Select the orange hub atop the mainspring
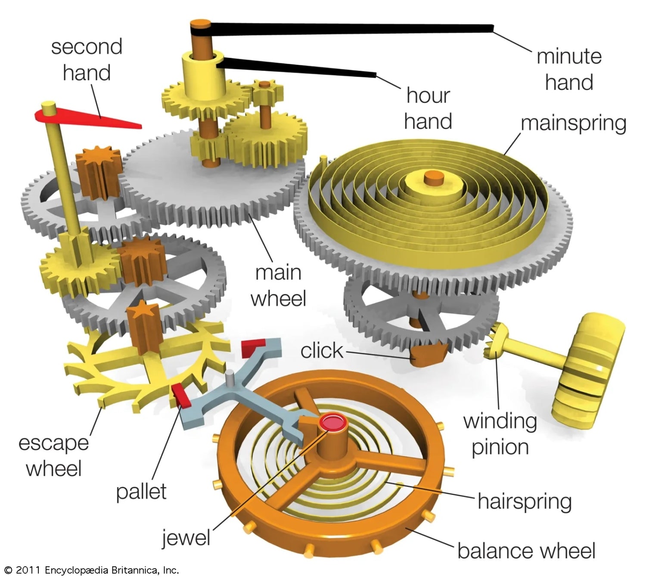[434, 177]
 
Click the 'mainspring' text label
[573, 123]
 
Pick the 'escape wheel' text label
[53, 455]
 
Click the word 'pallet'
[141, 491]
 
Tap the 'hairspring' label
[525, 501]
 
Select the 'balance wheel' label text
[526, 551]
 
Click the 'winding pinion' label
[500, 434]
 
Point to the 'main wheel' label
[278, 285]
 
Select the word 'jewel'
[186, 538]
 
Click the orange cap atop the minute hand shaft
[200, 24]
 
